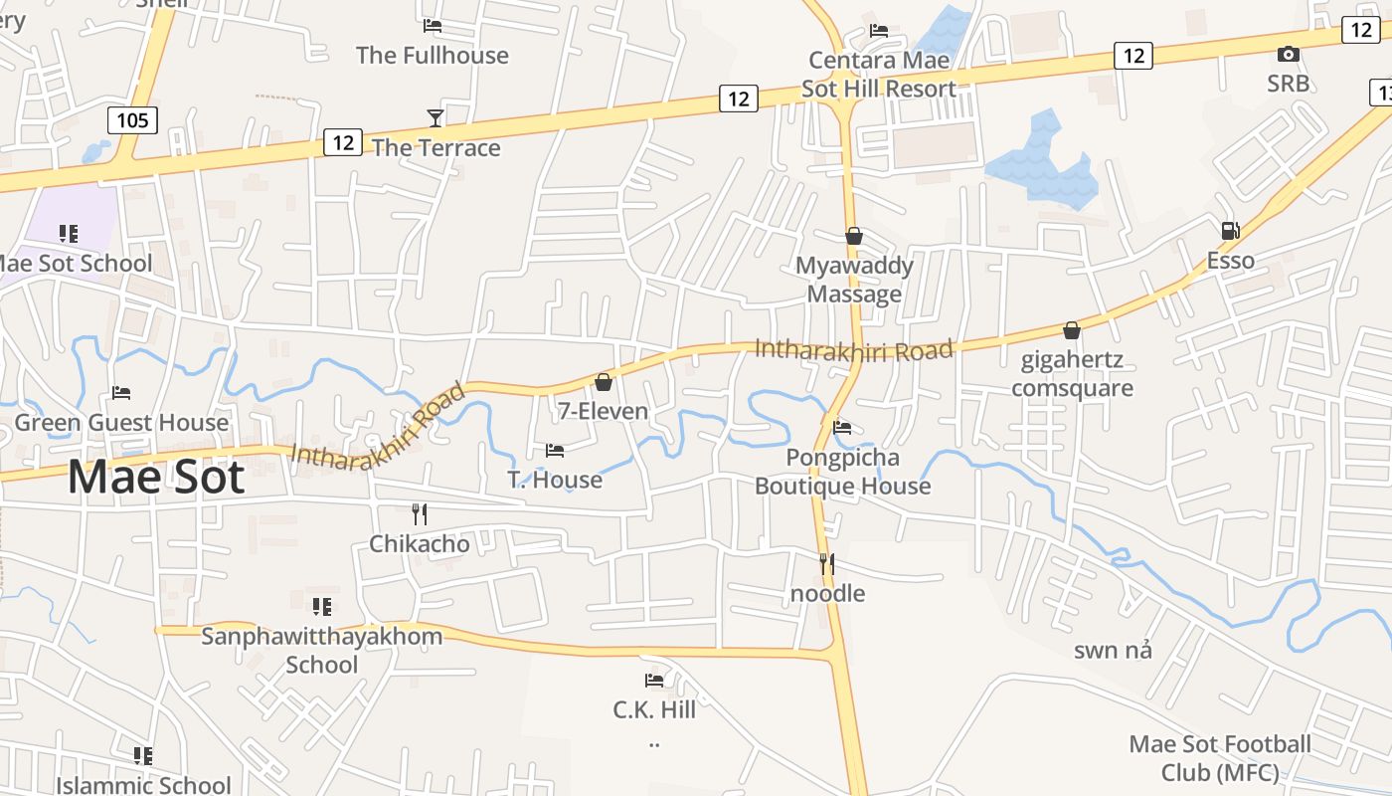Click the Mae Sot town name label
coord(156,477)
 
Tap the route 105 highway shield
coord(132,121)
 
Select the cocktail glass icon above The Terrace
coord(435,118)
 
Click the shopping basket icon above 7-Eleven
coord(604,382)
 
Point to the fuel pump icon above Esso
coord(1230,231)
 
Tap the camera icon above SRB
coord(1288,54)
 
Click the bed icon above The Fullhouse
coord(433,26)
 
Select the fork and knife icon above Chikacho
coord(420,513)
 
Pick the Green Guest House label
coord(121,423)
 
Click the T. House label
coord(555,480)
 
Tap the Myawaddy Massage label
coord(854,280)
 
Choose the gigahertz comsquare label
coord(1072,373)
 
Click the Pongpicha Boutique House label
coord(843,472)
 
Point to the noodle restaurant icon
coord(827,564)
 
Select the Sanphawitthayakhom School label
coord(321,650)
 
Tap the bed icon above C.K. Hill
coord(654,681)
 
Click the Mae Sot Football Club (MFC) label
coord(1220,758)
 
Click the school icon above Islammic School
coord(143,756)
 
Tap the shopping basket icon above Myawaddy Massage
coord(854,236)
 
